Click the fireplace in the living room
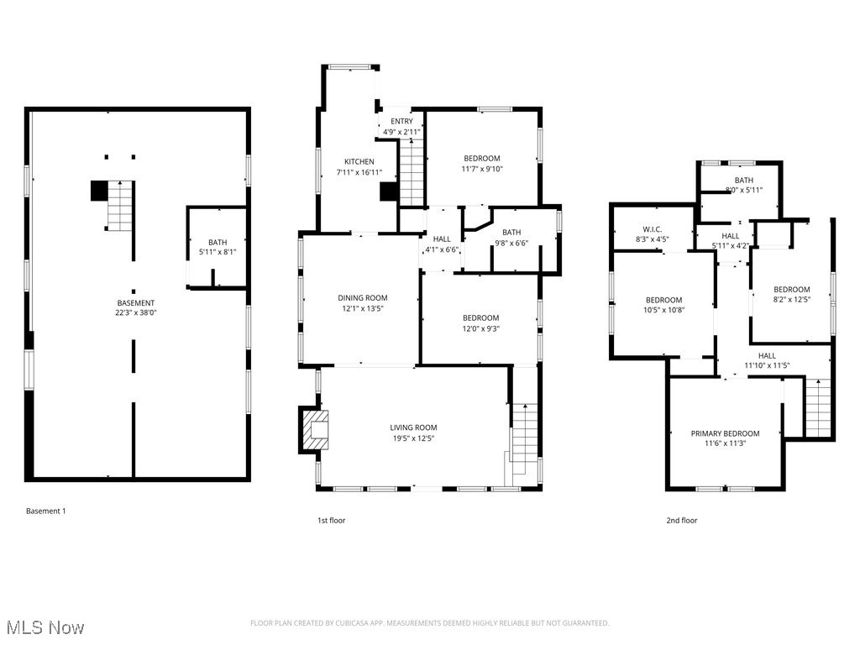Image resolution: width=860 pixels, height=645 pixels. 317,429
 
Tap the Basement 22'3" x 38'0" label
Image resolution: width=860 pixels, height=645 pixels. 135,308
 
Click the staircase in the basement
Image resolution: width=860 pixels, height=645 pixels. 118,206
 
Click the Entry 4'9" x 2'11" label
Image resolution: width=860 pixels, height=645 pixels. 401,127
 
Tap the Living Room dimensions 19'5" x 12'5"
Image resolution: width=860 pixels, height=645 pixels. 412,438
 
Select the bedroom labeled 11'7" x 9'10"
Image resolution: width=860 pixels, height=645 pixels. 482,164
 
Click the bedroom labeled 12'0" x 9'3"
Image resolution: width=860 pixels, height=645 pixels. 480,323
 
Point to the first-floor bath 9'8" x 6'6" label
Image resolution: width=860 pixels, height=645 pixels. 511,238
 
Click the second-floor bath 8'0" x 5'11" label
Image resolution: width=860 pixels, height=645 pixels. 743,185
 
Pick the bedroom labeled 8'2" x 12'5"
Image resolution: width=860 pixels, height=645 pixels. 791,295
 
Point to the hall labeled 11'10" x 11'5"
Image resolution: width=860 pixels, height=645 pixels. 767,360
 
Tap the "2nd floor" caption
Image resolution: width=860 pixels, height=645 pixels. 681,521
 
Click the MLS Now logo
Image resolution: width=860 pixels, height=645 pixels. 45,627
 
